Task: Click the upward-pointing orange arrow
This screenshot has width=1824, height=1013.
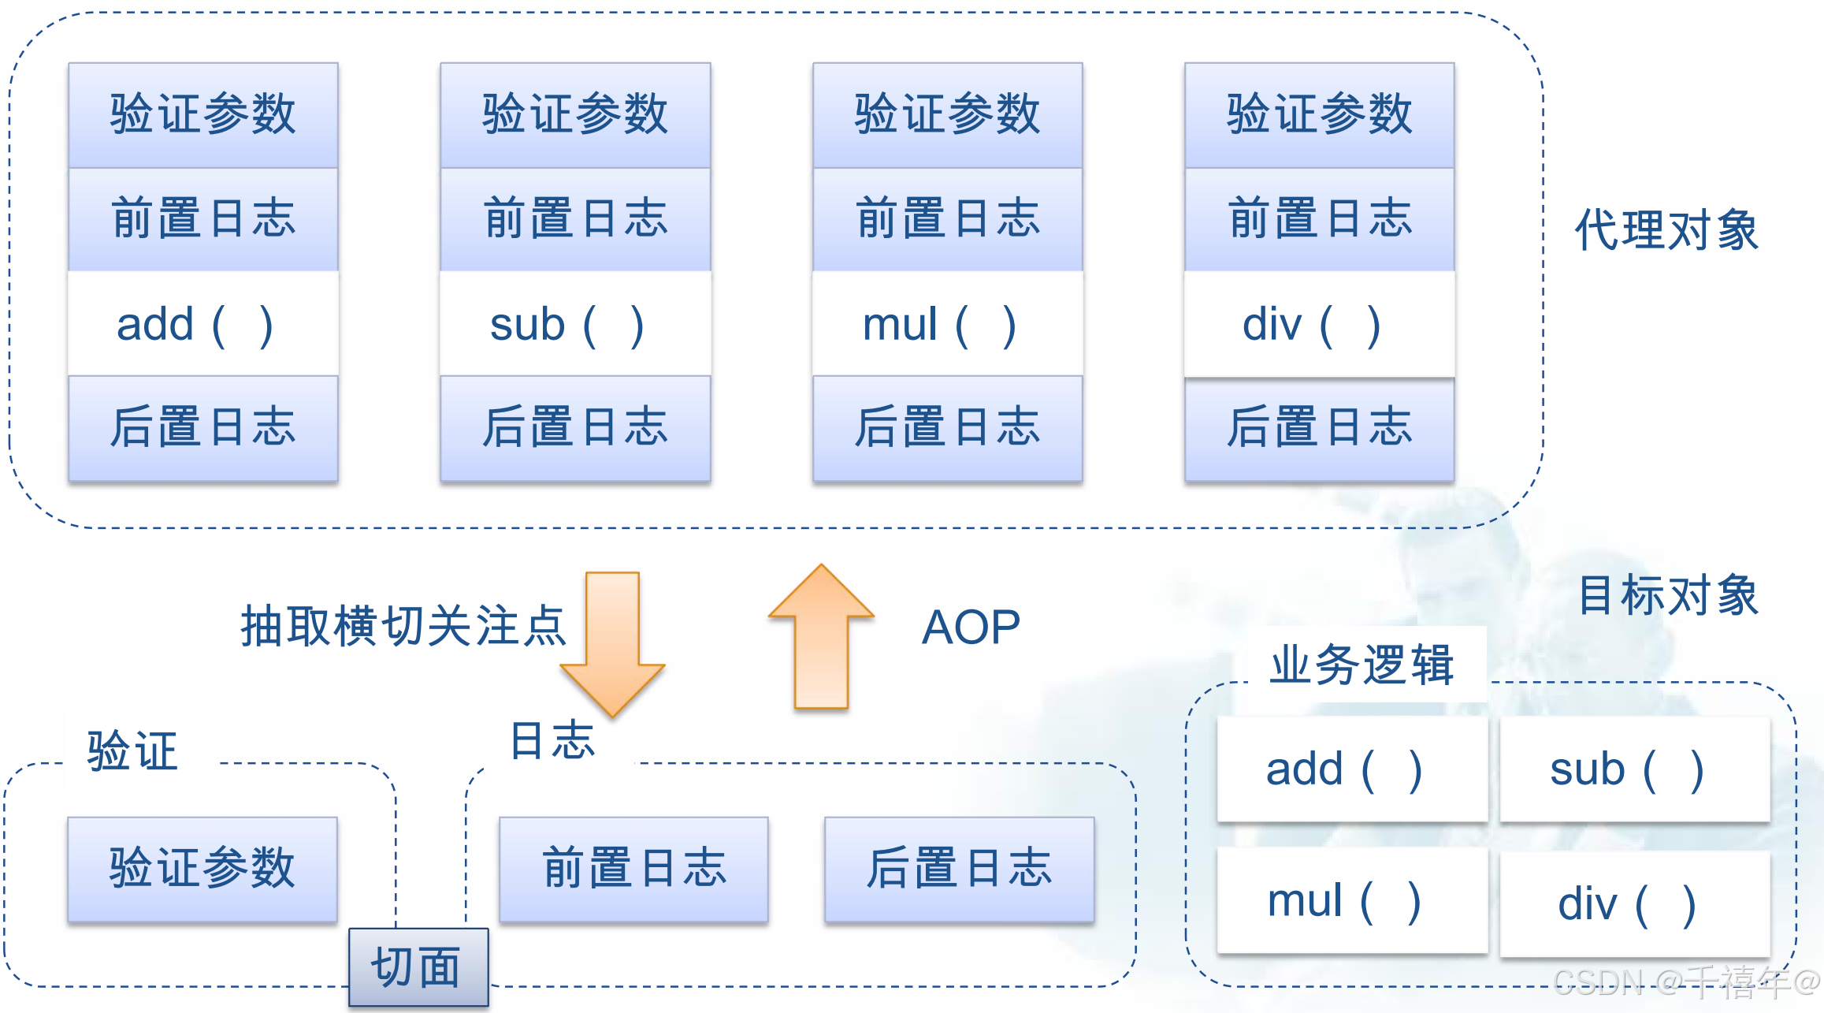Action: pyautogui.click(x=821, y=639)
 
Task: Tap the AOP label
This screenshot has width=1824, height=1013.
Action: pyautogui.click(x=971, y=628)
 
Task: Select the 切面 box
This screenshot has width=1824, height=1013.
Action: pyautogui.click(x=418, y=967)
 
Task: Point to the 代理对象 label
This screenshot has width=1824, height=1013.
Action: pyautogui.click(x=1666, y=230)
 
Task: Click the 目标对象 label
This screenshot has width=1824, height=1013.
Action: pyautogui.click(x=1668, y=594)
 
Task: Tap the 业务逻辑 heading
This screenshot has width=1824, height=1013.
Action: pyautogui.click(x=1361, y=665)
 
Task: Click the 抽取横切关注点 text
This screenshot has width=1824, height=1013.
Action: pyautogui.click(x=403, y=627)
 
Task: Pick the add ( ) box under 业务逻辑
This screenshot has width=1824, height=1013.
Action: pyautogui.click(x=1351, y=769)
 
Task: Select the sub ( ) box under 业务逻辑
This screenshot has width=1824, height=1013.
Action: pyautogui.click(x=1634, y=769)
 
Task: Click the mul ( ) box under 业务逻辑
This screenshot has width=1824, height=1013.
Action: pyautogui.click(x=1351, y=900)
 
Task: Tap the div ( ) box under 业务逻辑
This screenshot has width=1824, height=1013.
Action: pyautogui.click(x=1634, y=903)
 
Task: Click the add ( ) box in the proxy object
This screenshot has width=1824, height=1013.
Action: pyautogui.click(x=202, y=324)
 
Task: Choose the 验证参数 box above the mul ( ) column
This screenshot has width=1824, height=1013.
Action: pyautogui.click(x=947, y=114)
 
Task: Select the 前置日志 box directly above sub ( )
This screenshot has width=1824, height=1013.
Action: pyautogui.click(x=575, y=218)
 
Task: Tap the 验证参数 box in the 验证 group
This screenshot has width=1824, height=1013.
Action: pyautogui.click(x=202, y=869)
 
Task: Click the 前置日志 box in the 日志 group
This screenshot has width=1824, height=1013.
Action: pyautogui.click(x=633, y=869)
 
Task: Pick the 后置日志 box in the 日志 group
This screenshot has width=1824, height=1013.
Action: pyautogui.click(x=959, y=869)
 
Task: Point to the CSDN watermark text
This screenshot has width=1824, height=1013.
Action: pyautogui.click(x=1686, y=982)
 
